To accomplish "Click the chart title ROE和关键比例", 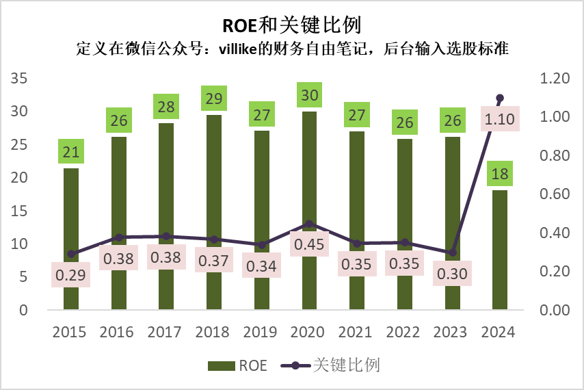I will [291, 25].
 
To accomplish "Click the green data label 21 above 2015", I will [70, 152].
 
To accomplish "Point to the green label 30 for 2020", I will [309, 95].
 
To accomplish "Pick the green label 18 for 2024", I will [500, 174].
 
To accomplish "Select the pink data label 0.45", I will [309, 244].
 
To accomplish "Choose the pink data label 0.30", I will [452, 272].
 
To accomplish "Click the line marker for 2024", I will [499, 98].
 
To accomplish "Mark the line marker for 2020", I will [309, 224].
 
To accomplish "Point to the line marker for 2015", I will [70, 254].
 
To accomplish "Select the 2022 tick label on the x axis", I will [404, 333].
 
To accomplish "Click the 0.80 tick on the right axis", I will [554, 156].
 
